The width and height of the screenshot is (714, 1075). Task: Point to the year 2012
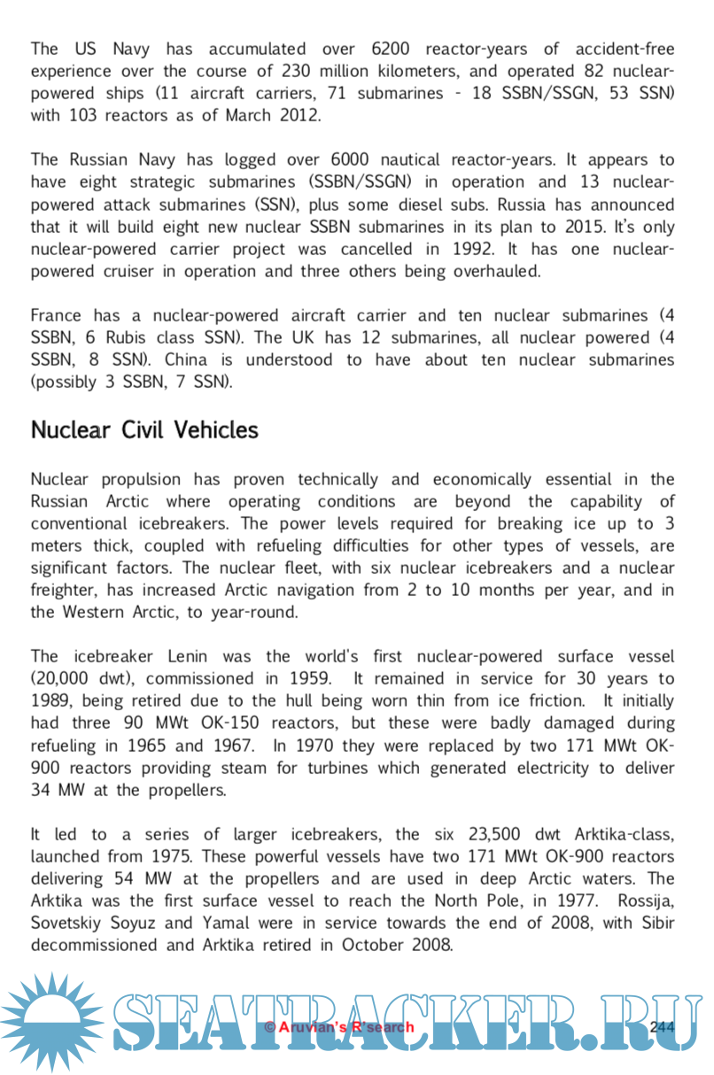(x=299, y=115)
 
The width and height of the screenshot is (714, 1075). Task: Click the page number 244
(x=662, y=1026)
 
